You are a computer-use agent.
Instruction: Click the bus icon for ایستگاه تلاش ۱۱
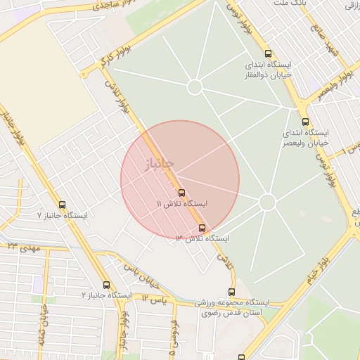point(181,193)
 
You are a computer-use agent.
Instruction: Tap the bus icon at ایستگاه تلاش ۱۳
point(202,228)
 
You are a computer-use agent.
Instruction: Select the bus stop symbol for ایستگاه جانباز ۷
point(63,205)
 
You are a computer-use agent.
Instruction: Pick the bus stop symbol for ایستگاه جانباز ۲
point(106,285)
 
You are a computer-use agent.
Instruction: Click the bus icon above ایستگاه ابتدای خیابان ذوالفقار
point(267,53)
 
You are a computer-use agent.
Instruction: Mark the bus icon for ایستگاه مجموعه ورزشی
point(231,292)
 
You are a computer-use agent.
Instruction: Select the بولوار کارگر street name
point(96,63)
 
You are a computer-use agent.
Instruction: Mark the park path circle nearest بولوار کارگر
point(195,86)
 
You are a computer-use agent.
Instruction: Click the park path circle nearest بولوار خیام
point(266,202)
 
